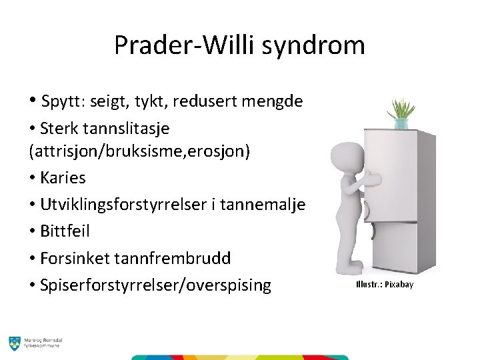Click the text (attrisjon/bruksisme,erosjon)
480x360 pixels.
pos(140,151)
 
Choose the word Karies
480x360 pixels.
pos(63,178)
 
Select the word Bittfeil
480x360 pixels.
pos(65,231)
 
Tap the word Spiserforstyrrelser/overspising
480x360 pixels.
pos(155,285)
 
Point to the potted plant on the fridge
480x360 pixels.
pos(401,112)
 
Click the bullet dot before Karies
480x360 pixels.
pos(33,179)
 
